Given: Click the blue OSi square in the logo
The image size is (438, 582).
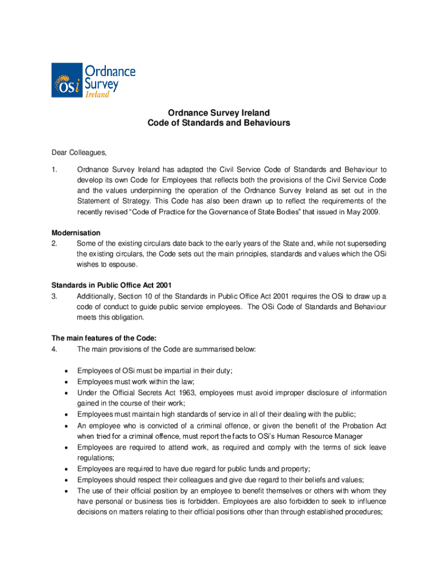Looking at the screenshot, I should click(x=67, y=80).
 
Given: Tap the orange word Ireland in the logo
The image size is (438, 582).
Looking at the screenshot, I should click(x=97, y=94).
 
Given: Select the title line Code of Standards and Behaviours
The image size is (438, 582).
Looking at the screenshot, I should click(x=218, y=123).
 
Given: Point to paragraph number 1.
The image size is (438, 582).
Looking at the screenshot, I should click(x=55, y=169).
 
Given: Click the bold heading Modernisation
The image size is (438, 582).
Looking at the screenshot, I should click(x=76, y=233).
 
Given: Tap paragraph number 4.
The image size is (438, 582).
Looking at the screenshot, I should click(x=55, y=349).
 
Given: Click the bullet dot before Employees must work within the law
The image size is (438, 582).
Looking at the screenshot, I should click(x=67, y=382).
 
